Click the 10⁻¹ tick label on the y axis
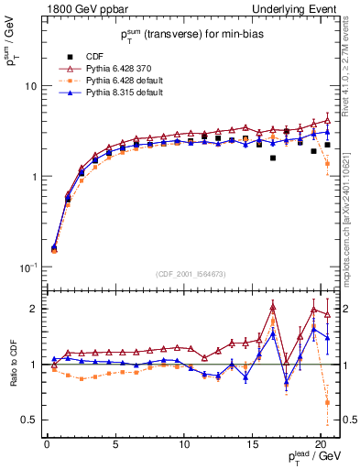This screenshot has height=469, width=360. coord(27,267)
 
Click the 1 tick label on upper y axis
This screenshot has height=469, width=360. coord(33,177)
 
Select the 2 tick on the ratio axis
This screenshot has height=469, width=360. coord(33,309)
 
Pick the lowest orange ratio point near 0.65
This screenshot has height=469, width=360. coord(327,402)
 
